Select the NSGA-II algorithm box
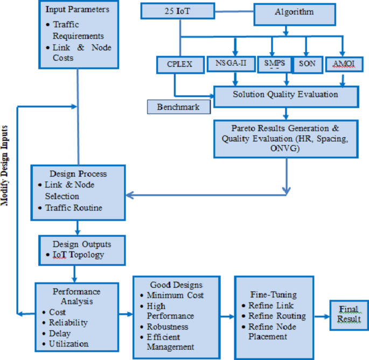point(227,64)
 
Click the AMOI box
point(343,64)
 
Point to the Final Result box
point(349,315)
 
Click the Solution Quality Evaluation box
point(286,95)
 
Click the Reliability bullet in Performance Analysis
point(68,323)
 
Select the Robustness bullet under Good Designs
point(167,327)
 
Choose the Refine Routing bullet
point(276,316)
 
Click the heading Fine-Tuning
point(273,295)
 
